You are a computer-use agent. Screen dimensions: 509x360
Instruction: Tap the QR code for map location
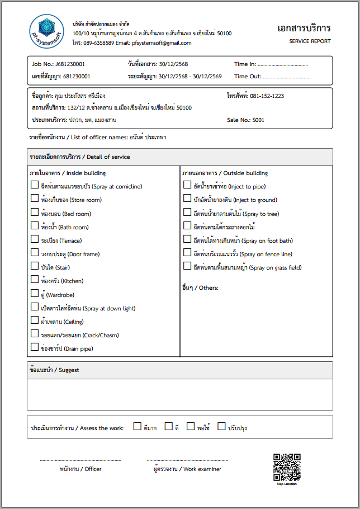(x=287, y=467)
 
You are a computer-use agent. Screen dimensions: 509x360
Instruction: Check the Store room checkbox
(x=35, y=199)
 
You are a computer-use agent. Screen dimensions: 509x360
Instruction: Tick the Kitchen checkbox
(x=35, y=280)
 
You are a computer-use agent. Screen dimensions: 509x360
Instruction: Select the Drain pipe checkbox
(x=35, y=347)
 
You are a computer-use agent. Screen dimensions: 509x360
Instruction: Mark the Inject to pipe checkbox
(x=187, y=185)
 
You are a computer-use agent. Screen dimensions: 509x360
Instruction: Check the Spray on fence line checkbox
(x=187, y=253)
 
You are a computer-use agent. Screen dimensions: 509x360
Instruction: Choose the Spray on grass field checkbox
(x=187, y=266)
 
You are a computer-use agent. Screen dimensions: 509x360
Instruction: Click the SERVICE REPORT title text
(x=310, y=41)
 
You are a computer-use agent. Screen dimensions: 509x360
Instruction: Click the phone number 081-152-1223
(x=267, y=96)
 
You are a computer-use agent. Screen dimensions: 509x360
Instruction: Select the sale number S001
(x=258, y=120)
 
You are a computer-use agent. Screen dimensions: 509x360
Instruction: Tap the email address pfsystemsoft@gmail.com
(x=162, y=43)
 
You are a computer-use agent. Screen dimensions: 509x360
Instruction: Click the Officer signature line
(x=80, y=460)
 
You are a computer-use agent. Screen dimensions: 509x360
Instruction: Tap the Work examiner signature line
(x=187, y=460)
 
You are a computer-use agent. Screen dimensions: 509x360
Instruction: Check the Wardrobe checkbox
(x=35, y=293)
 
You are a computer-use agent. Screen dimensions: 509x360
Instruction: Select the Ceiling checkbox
(x=35, y=321)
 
